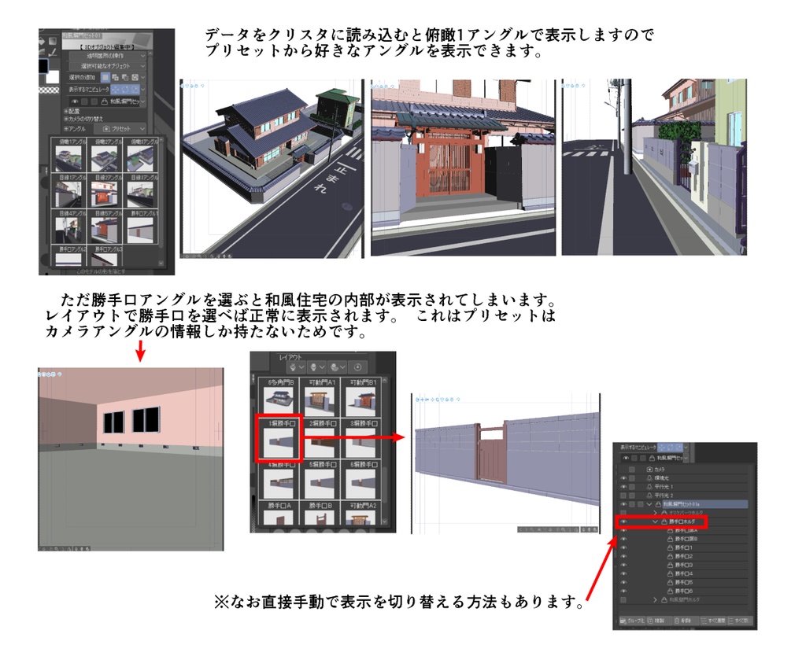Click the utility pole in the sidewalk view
626,126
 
